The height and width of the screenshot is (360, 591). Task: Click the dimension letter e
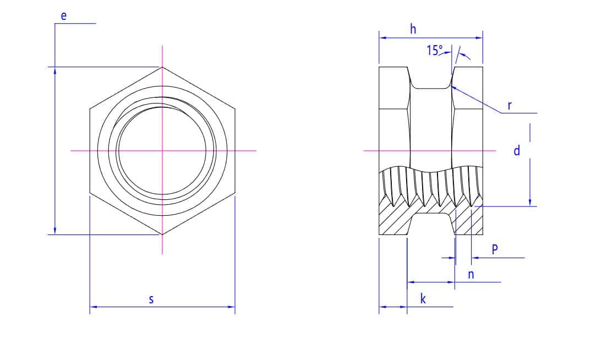[64, 16]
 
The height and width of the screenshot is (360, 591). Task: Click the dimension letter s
[151, 299]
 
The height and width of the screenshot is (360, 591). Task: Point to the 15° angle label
[434, 51]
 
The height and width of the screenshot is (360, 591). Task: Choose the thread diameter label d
[517, 150]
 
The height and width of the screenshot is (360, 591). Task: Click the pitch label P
[495, 249]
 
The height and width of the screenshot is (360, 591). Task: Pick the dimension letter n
[471, 274]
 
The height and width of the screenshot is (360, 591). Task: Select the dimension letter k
[423, 299]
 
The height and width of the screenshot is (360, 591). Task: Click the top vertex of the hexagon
[162, 67]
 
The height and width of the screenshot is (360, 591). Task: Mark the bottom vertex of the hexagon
[162, 234]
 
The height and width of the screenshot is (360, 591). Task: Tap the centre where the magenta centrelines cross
[162, 150]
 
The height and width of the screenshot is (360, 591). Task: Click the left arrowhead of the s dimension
[92, 306]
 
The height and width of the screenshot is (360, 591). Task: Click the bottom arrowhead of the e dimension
[55, 232]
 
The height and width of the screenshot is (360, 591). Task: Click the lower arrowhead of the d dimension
[530, 204]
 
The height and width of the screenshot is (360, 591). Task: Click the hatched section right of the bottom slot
[469, 223]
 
